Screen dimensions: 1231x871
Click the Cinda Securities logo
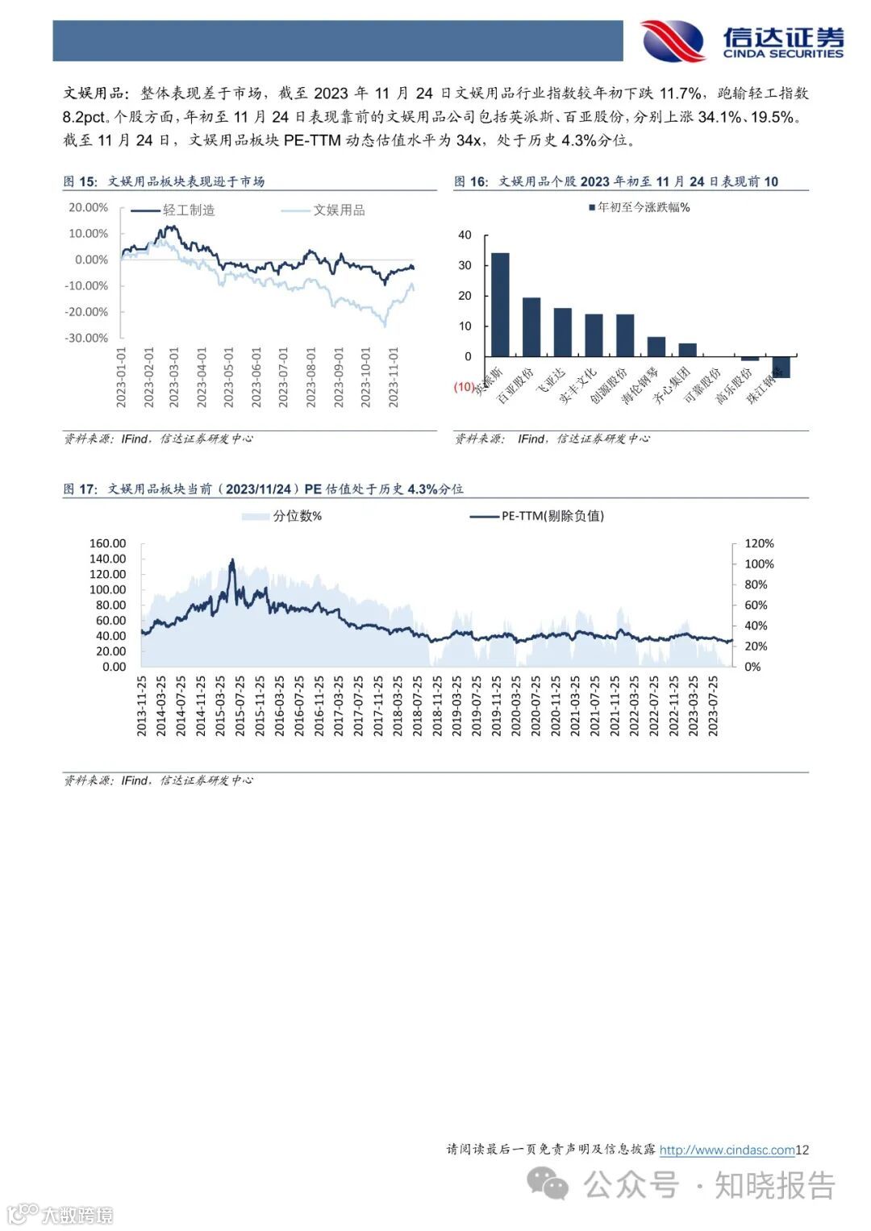pyautogui.click(x=741, y=40)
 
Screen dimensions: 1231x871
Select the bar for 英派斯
pyautogui.click(x=500, y=305)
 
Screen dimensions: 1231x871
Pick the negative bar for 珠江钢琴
pyautogui.click(x=781, y=367)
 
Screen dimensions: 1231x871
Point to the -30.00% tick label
pyautogui.click(x=86, y=338)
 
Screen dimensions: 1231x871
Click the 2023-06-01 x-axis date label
pyautogui.click(x=256, y=377)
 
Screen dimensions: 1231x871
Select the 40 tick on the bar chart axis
pyautogui.click(x=465, y=235)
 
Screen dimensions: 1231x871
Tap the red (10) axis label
pyautogui.click(x=465, y=387)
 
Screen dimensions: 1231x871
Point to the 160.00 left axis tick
pyautogui.click(x=108, y=543)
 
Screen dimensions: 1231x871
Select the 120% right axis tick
pyautogui.click(x=759, y=543)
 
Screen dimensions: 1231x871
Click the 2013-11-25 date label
pyautogui.click(x=142, y=705)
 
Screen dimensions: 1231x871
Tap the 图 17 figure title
pyautogui.click(x=263, y=489)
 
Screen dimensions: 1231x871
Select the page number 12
pyautogui.click(x=802, y=1150)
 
